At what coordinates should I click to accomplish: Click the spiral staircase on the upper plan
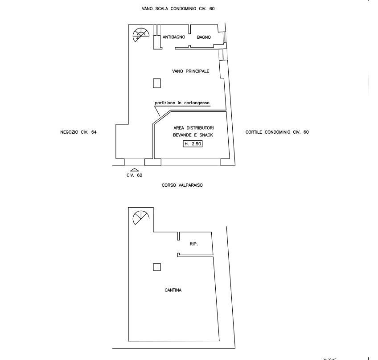click(x=141, y=34)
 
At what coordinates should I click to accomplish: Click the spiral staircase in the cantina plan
click(x=141, y=217)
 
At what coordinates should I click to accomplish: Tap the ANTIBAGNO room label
click(x=174, y=37)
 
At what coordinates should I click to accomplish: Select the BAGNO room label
click(x=204, y=37)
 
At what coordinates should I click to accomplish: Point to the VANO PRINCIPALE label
click(x=190, y=71)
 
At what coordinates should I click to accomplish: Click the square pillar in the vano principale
click(x=156, y=83)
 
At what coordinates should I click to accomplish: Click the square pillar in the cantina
click(x=156, y=267)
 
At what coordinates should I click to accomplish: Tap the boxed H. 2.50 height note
click(x=193, y=144)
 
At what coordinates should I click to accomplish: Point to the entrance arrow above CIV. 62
click(x=134, y=170)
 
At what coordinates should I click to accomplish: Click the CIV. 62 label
click(x=134, y=176)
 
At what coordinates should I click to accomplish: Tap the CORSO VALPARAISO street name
click(x=182, y=185)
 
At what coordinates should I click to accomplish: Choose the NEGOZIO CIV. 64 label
click(x=78, y=132)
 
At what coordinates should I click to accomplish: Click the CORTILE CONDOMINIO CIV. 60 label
click(x=277, y=132)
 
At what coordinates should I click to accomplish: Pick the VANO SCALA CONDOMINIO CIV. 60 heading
click(x=178, y=8)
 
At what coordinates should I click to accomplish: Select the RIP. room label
click(x=193, y=244)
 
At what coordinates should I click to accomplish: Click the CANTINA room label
click(x=173, y=290)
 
